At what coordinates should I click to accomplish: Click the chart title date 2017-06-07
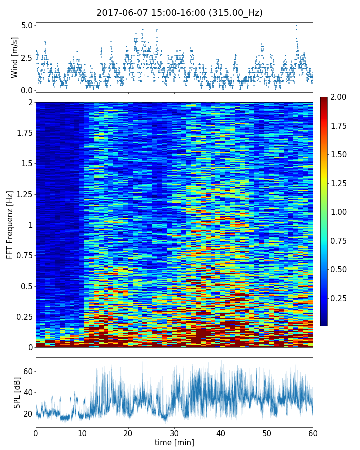119,13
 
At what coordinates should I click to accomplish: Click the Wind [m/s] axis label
15,57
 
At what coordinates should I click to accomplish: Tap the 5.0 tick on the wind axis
27,25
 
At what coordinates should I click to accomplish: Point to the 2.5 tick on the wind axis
27,58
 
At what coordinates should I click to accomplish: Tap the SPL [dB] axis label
17,392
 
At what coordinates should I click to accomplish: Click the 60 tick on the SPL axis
28,372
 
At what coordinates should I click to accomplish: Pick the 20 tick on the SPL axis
28,414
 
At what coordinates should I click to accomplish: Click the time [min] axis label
174,442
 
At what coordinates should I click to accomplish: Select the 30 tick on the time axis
174,432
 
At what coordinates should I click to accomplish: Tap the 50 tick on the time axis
267,432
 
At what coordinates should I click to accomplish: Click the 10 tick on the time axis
82,432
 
